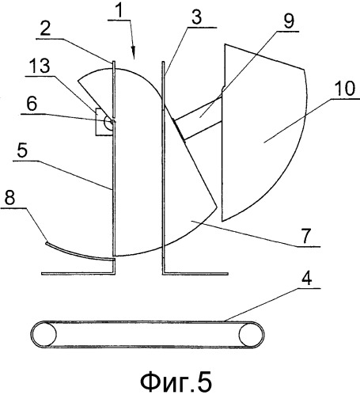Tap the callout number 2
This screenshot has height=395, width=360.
45,28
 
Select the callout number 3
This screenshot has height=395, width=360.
196,17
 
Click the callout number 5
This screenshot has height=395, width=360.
22,150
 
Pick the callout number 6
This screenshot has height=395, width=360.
32,104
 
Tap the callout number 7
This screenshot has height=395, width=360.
305,236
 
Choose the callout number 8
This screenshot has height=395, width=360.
9,198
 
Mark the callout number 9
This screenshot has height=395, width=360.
289,21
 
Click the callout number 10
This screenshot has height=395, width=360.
345,89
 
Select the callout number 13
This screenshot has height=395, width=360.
40,66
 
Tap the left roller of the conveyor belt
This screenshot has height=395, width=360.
44,334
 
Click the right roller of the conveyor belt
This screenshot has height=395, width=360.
251,335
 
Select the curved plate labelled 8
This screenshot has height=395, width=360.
79,253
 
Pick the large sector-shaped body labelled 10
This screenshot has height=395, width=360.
263,132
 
